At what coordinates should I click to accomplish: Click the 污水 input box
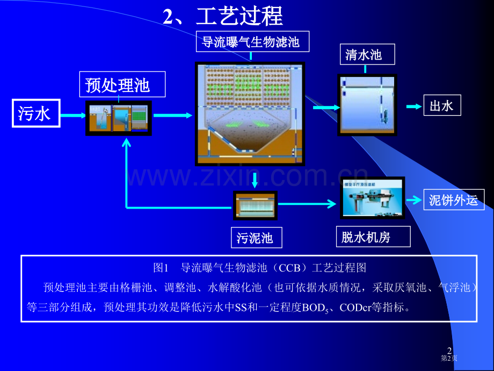[35, 113]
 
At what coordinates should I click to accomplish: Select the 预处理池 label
[118, 85]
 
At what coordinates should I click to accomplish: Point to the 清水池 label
[364, 54]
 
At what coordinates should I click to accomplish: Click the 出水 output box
[442, 106]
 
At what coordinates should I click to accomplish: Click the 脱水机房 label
[366, 237]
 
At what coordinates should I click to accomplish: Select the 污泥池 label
[255, 238]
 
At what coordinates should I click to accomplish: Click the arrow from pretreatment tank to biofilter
[172, 115]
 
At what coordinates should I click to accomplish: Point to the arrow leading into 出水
[413, 106]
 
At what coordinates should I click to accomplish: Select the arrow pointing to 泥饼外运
[413, 200]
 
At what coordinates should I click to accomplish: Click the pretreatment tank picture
[119, 118]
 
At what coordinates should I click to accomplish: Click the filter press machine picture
[372, 197]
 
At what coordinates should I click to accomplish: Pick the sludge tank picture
[255, 205]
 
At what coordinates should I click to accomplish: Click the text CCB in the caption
[289, 267]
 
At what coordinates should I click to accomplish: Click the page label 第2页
[449, 358]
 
